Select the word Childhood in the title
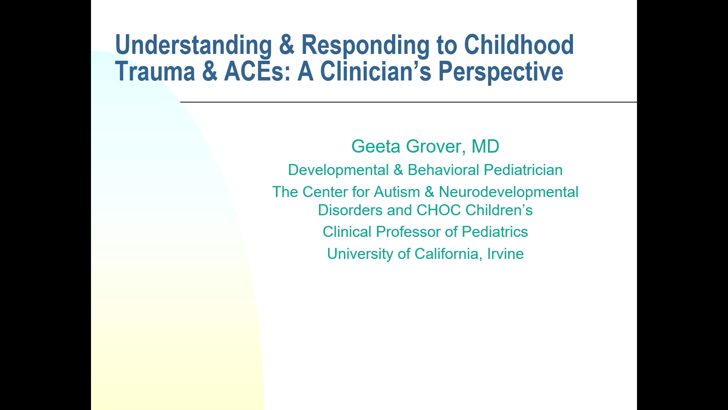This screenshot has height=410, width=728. point(519,45)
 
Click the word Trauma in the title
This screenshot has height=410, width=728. point(155,71)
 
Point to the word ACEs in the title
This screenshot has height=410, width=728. point(257,71)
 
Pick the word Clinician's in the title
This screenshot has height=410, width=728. point(376,71)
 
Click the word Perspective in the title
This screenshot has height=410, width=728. point(500,71)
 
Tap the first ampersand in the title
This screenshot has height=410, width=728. point(287,45)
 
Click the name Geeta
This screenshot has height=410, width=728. point(376,147)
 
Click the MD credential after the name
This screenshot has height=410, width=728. point(485,147)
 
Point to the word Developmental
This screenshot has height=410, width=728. point(338,170)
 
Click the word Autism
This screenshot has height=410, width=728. point(397,192)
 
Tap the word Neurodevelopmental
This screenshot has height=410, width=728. point(508,192)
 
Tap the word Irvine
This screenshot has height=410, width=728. point(505,254)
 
